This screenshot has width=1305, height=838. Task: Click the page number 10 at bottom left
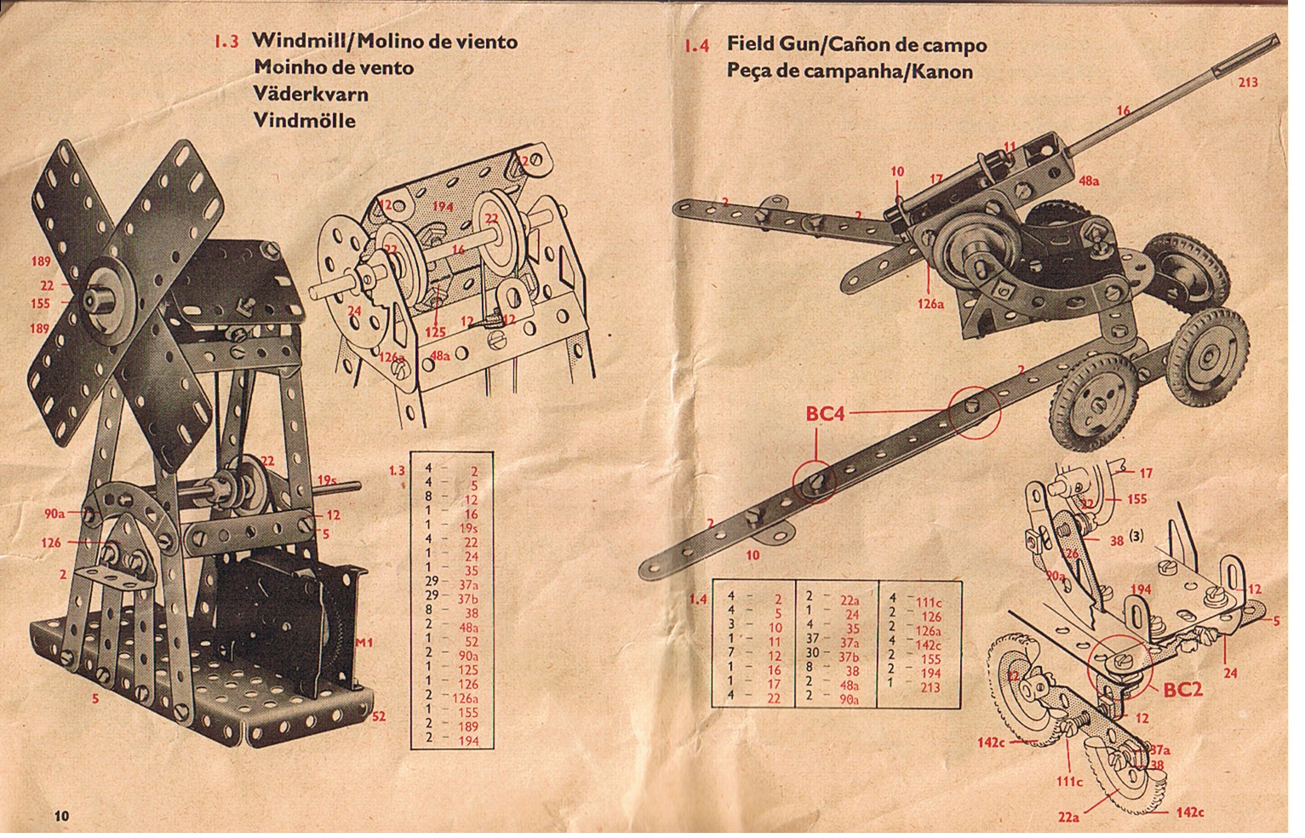coord(61,815)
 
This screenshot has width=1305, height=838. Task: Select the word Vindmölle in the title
coord(304,120)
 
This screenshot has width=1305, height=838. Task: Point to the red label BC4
coord(825,415)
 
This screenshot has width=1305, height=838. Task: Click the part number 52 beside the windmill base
coord(379,716)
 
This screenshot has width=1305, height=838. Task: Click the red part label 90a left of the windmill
coord(54,514)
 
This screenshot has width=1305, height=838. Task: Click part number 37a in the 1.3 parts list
coord(467,585)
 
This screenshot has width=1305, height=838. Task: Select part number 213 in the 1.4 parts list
coord(930,686)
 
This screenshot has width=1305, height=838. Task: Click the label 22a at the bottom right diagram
coord(1068,818)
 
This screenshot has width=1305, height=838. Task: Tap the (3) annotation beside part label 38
coord(1139,537)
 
